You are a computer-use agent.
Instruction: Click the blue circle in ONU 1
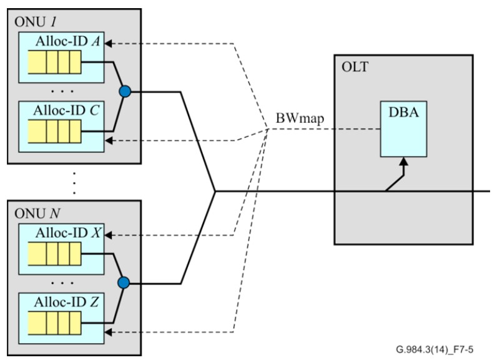point(125,92)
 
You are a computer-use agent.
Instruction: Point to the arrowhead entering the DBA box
point(405,162)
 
